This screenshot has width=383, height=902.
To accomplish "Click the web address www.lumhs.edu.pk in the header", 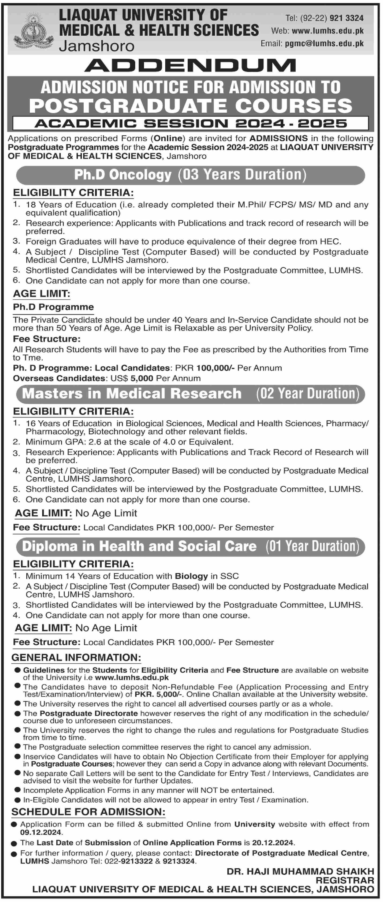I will pos(327,31).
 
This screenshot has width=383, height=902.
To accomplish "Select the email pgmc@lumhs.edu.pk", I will pos(324,43).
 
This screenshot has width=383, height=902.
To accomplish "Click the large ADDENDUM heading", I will pos(191,65).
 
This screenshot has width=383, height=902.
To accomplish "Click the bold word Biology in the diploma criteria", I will pos(191,576).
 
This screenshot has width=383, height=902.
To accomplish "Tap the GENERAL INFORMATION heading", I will pos(76,658).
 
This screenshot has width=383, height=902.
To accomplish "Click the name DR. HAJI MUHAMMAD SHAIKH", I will pos(300,872).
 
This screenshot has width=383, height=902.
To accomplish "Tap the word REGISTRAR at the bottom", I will pos(345,880).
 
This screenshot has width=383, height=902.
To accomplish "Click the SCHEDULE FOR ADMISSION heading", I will pos(88,812).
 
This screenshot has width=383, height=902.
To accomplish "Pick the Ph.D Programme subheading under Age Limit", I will pos(53,307).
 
